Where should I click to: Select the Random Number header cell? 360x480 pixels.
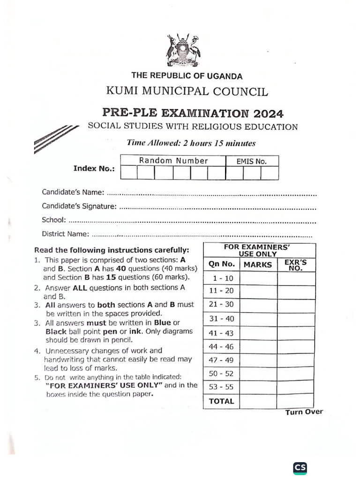point(173,161)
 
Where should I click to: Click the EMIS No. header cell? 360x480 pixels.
point(252,161)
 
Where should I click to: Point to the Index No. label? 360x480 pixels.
point(94,169)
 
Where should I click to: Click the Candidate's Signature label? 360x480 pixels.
point(78,206)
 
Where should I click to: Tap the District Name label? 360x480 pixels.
point(65,233)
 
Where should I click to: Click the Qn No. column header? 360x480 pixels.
point(221,264)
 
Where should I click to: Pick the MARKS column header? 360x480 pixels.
point(258,264)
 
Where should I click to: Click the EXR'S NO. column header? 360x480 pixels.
point(296,265)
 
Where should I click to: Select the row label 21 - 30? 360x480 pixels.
point(221,304)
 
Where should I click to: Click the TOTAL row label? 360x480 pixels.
point(221,401)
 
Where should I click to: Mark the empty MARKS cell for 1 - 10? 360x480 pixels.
point(258,278)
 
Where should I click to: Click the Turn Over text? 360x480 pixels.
point(304,412)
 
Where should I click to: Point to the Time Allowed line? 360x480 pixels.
point(191,143)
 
